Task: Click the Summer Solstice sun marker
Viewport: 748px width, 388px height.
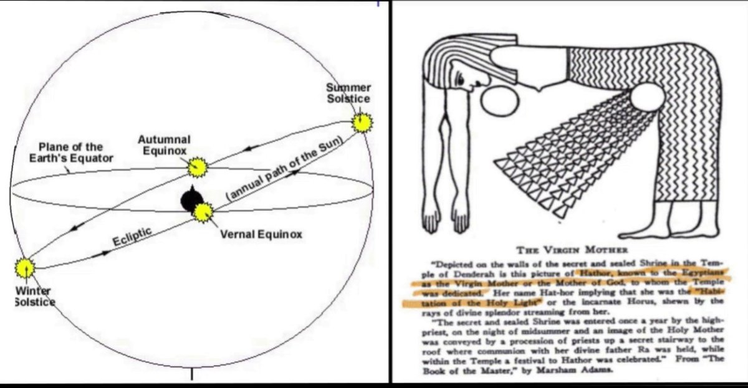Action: tap(361, 123)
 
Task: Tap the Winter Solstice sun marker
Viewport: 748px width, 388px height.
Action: tap(26, 268)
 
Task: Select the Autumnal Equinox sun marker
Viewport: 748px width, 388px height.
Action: tap(197, 167)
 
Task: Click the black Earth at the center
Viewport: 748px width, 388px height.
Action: tap(189, 201)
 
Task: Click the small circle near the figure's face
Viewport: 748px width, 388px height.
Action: tap(501, 101)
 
